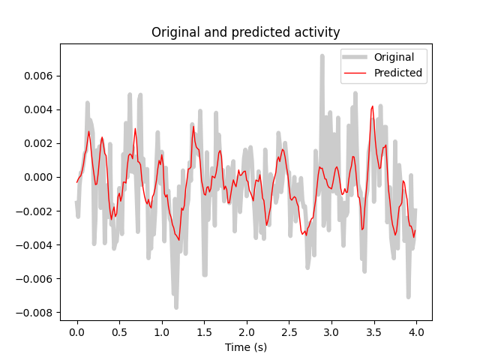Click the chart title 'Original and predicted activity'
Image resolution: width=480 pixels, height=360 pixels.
coord(245,32)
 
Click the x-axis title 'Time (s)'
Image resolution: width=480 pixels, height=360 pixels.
coord(245,347)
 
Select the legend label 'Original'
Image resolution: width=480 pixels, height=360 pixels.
coord(394,57)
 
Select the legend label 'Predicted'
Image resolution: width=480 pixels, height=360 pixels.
coord(397,73)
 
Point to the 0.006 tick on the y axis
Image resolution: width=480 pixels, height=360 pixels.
coord(38,76)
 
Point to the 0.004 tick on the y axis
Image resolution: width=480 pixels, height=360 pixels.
coord(38,109)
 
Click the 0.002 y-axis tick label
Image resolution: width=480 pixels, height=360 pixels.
coord(38,143)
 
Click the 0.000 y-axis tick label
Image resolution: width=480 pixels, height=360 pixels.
coord(38,177)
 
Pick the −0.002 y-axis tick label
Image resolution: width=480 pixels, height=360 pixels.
coord(35,211)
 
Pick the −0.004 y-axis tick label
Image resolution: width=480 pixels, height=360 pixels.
coord(35,244)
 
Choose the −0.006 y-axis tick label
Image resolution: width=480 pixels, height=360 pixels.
coord(35,278)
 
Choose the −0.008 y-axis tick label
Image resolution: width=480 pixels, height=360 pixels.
coord(35,312)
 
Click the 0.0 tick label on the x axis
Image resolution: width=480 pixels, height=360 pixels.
coord(76,331)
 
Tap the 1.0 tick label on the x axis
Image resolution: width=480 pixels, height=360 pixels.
coord(161,331)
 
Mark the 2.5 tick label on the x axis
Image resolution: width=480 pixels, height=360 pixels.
coord(288,331)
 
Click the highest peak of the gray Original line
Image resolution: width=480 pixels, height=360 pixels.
coord(322,56)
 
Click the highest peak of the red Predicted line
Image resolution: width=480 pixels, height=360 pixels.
coord(373,106)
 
